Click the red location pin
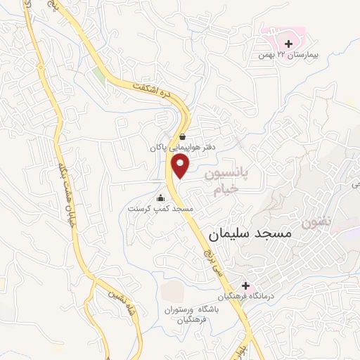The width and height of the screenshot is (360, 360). [181, 167]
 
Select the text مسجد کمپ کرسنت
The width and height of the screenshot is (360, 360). [160, 209]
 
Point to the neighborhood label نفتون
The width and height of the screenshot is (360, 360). [315, 221]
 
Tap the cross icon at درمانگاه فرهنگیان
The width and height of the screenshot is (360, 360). [245, 286]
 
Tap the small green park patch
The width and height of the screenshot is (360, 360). [98, 76]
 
